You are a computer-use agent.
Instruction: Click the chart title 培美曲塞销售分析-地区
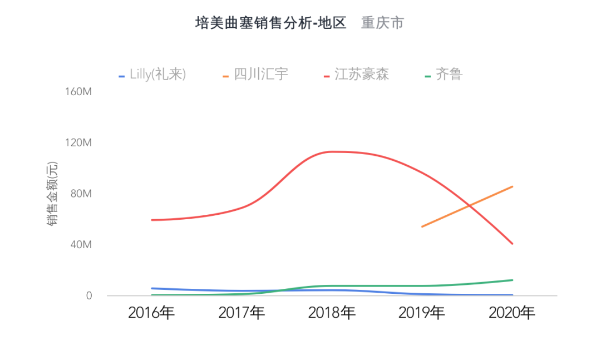point(270,23)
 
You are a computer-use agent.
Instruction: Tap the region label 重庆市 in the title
point(382,23)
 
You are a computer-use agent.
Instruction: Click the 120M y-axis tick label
point(78,143)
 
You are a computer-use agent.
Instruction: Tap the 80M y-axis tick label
point(81,194)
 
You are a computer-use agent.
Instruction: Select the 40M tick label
point(81,245)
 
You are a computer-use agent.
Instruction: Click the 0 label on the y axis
point(88,296)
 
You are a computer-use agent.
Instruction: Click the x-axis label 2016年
point(151,313)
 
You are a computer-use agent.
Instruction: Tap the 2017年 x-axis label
point(242,313)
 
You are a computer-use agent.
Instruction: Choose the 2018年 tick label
point(332,313)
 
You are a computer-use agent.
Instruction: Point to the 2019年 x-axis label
point(422,313)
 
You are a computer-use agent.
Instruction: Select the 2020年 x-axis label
point(512,313)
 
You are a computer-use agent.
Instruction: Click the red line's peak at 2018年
point(332,151)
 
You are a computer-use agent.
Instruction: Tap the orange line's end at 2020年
point(512,187)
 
